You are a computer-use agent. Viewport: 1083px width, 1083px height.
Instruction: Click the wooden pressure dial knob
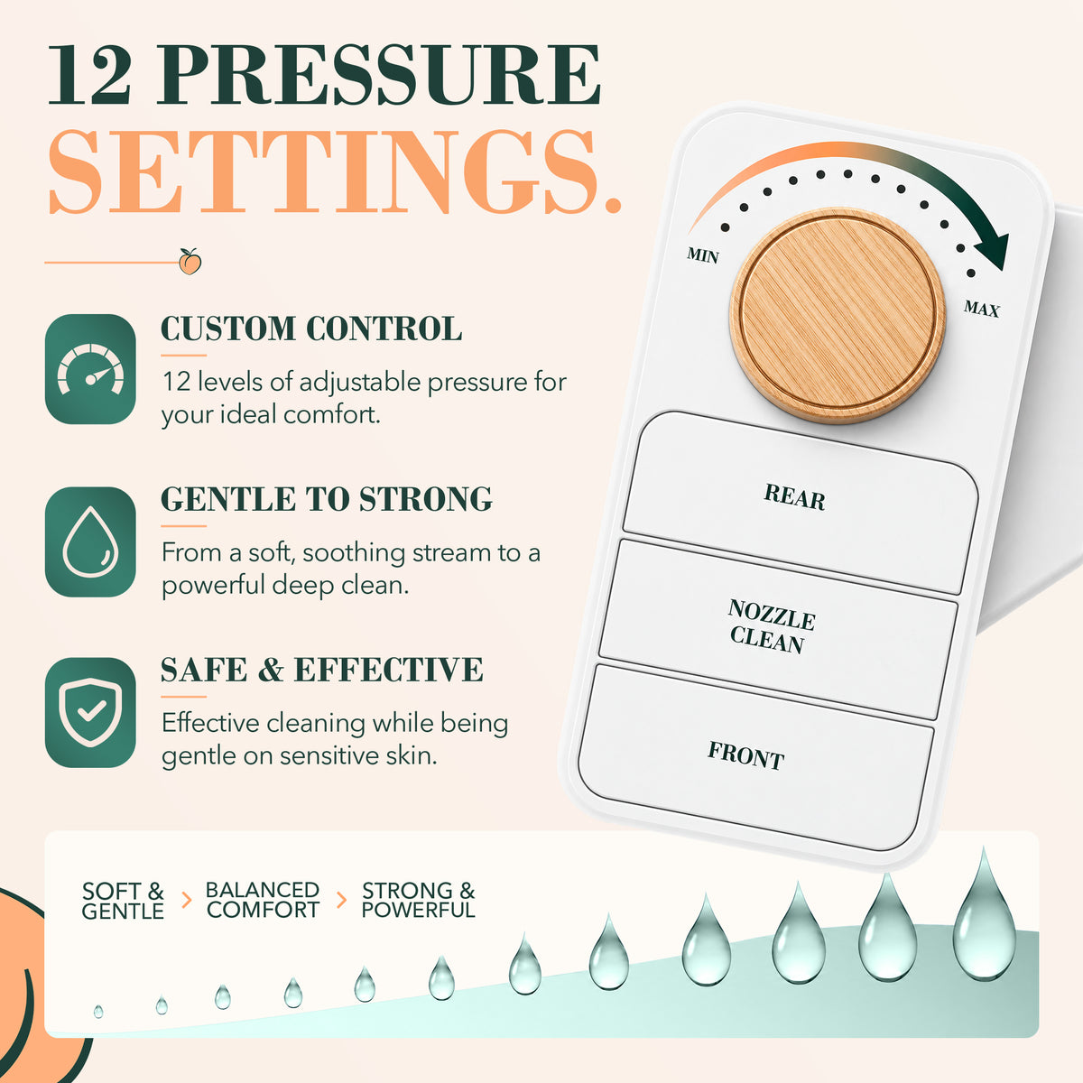[838, 316]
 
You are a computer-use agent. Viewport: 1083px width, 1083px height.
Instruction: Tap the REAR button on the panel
[801, 503]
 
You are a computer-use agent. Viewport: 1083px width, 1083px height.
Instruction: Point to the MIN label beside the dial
[702, 255]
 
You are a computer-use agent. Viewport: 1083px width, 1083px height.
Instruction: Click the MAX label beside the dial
[981, 309]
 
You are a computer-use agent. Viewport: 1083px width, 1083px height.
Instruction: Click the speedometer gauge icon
[90, 369]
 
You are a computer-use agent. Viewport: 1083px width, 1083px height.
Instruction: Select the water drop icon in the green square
[90, 541]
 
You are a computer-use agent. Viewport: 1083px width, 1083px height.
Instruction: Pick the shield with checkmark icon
[90, 712]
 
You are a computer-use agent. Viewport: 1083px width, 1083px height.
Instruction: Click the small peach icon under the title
[190, 262]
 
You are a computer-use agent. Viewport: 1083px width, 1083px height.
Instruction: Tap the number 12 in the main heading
[90, 75]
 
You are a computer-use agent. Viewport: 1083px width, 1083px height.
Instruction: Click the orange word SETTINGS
[336, 172]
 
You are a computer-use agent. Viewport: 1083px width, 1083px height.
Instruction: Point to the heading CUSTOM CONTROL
[311, 329]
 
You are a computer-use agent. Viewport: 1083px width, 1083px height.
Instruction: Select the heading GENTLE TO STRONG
[327, 498]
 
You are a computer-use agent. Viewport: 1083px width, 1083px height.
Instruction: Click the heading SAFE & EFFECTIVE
[322, 670]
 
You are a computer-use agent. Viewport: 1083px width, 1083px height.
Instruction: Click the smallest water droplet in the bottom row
[98, 1012]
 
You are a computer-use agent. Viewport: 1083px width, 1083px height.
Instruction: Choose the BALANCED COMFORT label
[263, 900]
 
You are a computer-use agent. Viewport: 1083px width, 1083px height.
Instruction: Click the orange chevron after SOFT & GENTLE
[187, 900]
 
